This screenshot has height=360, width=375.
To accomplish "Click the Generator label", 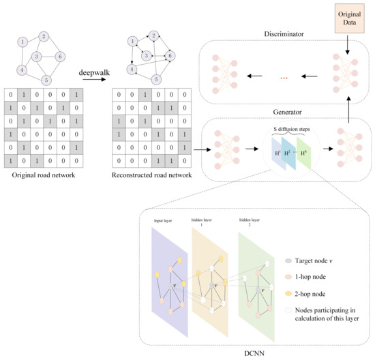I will click(x=285, y=109).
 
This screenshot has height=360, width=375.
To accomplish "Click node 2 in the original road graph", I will click(x=43, y=36).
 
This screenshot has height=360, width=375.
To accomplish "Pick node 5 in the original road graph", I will click(x=46, y=79).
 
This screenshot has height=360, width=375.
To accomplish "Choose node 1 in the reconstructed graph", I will click(x=127, y=42).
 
